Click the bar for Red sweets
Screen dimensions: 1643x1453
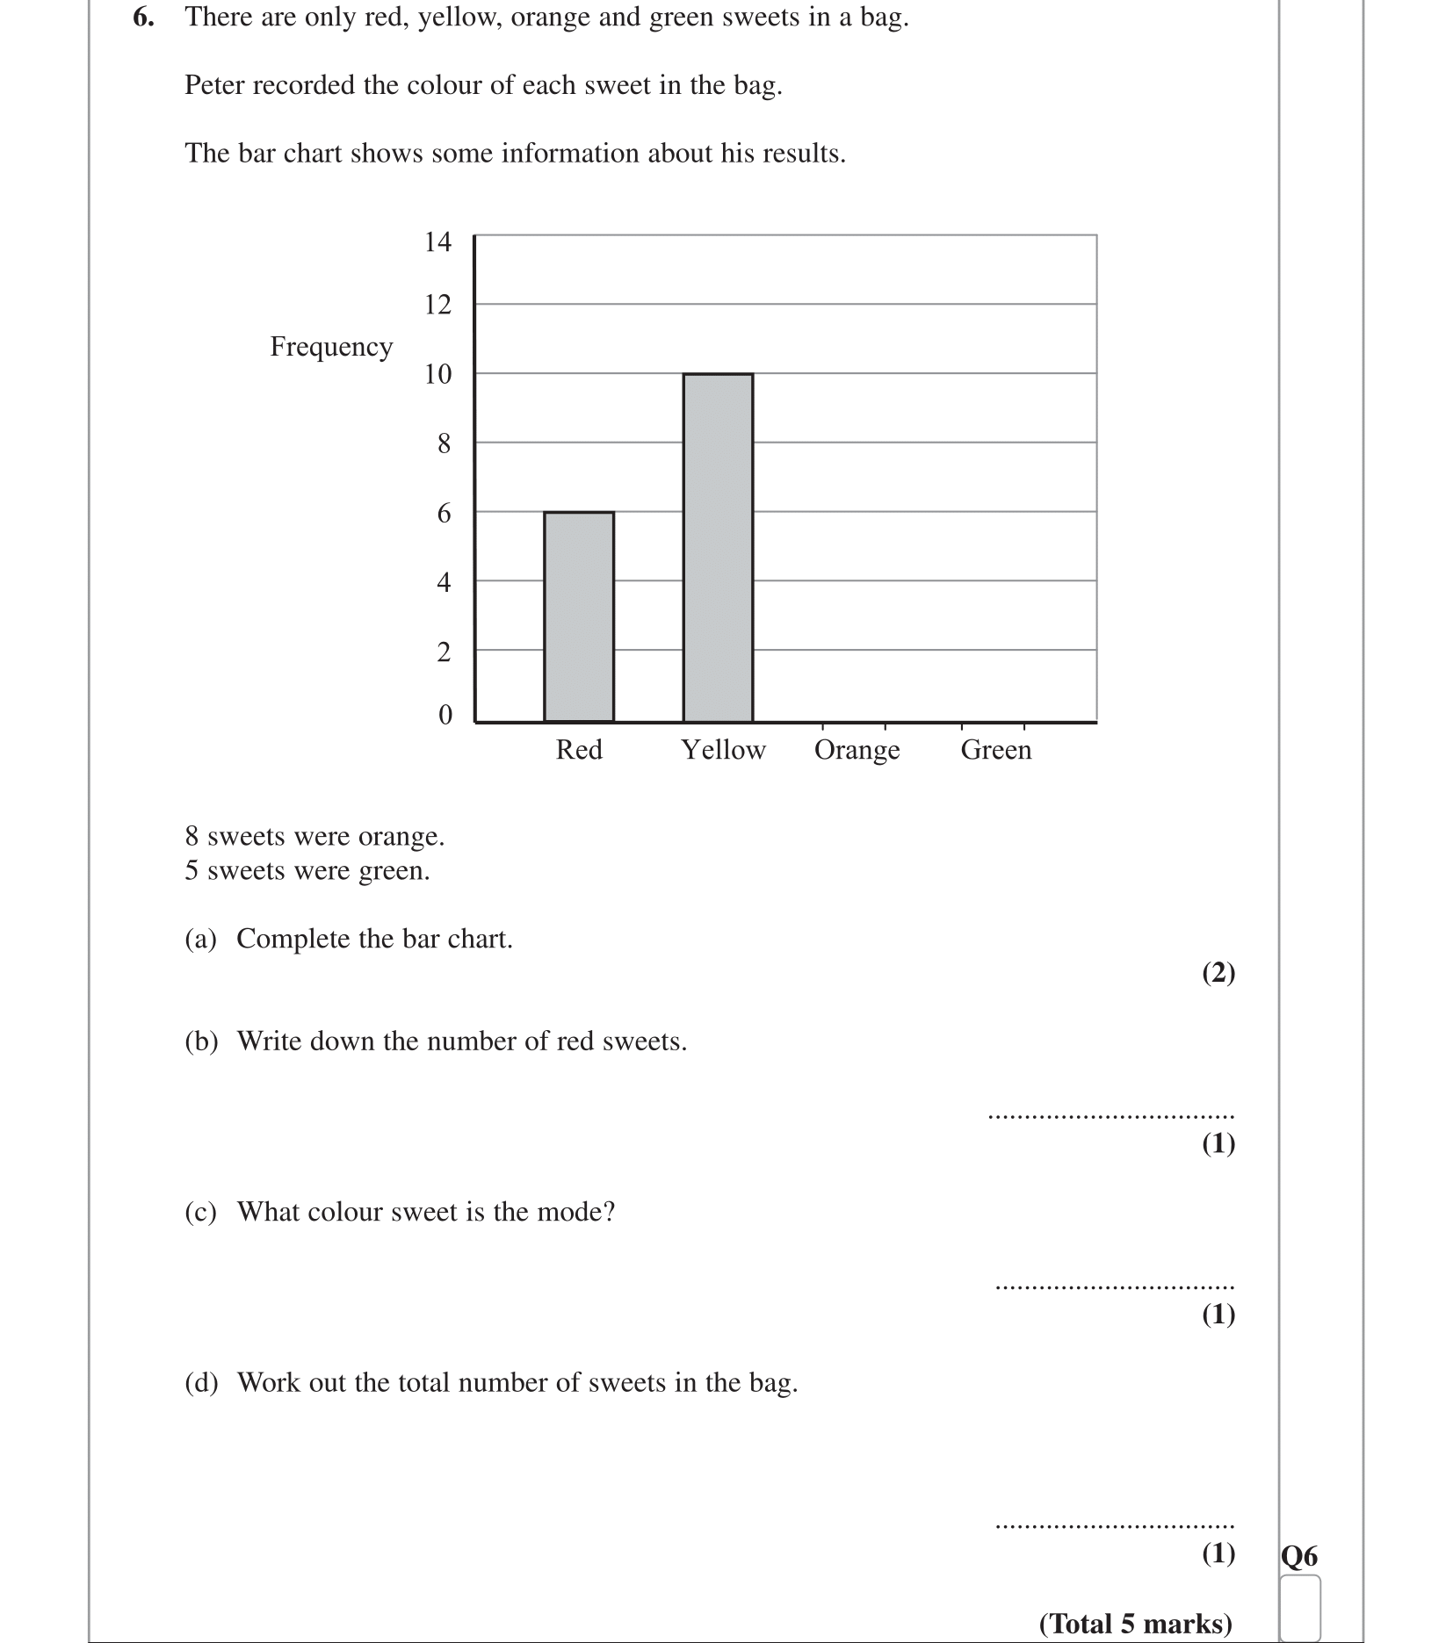[578, 616]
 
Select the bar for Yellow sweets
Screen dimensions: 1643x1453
[718, 547]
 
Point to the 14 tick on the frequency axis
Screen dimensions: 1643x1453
[437, 241]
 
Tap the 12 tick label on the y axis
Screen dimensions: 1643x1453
[437, 305]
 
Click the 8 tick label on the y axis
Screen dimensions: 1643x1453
[444, 443]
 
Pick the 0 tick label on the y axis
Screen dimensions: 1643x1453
[445, 715]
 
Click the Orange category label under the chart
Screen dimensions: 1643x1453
[857, 750]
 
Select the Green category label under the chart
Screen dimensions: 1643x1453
[995, 750]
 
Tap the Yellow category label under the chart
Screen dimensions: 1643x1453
[723, 750]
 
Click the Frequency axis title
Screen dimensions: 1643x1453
[331, 347]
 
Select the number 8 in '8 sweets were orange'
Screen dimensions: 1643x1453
[192, 836]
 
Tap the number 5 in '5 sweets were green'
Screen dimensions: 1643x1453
[192, 871]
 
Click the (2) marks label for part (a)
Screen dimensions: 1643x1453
[1218, 972]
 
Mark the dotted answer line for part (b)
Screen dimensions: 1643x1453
[1110, 1117]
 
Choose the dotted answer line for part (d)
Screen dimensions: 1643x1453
[1114, 1526]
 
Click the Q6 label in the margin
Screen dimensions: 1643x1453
[1298, 1557]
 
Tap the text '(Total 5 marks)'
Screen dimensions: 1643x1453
[1135, 1624]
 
